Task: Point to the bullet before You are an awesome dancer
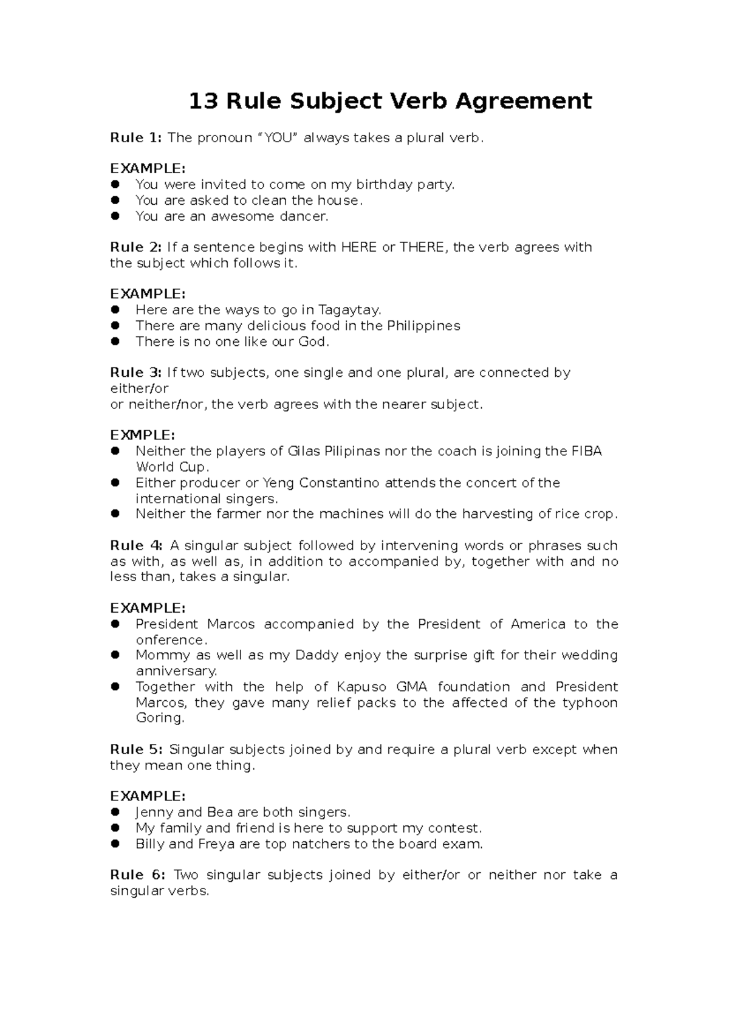[115, 216]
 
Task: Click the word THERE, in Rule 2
[423, 247]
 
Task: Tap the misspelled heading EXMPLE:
[142, 436]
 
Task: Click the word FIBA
[586, 452]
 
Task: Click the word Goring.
[159, 718]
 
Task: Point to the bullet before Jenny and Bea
[115, 813]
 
